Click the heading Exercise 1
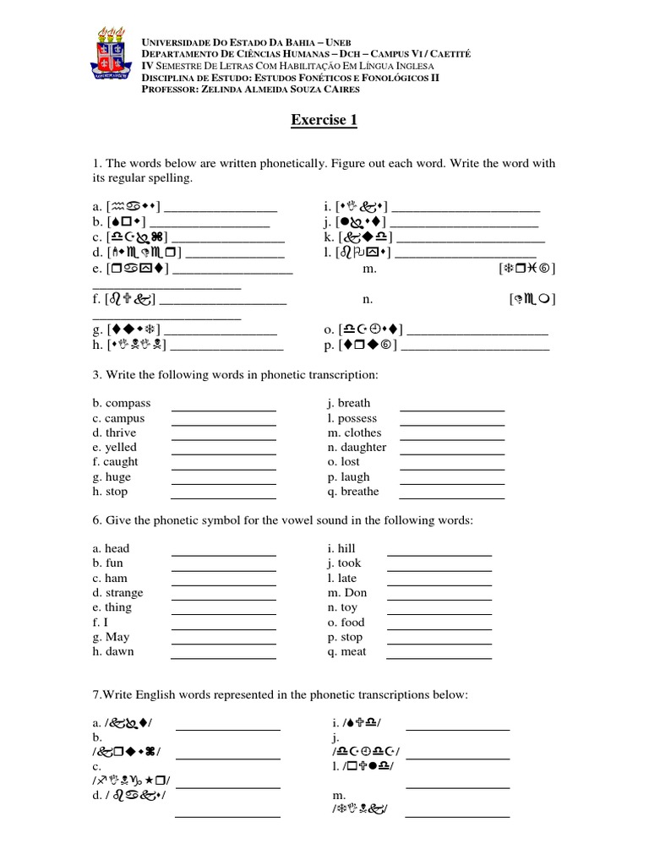tap(324, 120)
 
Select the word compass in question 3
tap(127, 404)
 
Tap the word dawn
tap(119, 651)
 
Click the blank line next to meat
tap(439, 657)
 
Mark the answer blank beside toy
tap(439, 613)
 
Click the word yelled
tap(120, 447)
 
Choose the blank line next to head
tap(223, 554)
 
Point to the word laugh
tap(355, 477)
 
